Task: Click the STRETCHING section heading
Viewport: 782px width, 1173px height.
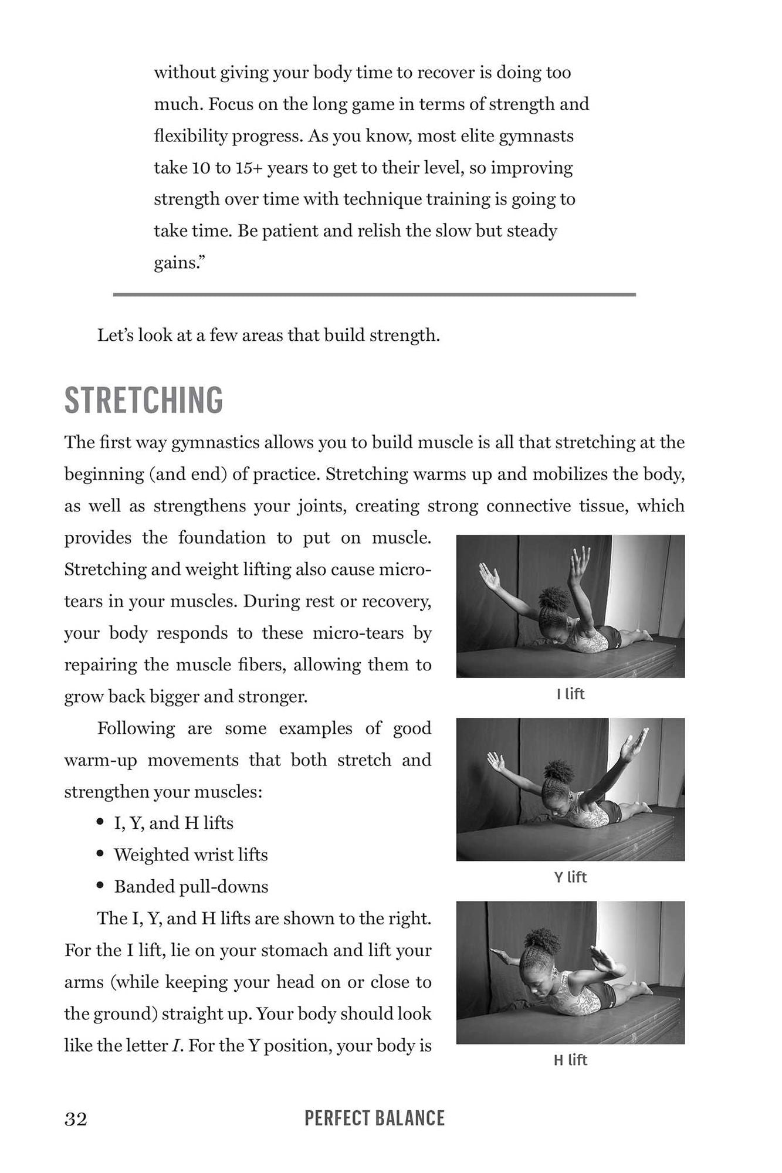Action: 144,401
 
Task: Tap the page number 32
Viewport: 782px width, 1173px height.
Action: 76,1119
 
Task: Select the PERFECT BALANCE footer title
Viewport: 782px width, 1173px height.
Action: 374,1118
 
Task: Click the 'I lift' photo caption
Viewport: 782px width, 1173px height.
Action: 570,694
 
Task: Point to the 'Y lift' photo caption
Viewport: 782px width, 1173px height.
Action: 570,877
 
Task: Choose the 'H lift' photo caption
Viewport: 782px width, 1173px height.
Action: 570,1060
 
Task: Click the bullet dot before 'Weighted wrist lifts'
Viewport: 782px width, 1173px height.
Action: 101,853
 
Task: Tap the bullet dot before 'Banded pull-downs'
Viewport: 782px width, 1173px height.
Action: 101,885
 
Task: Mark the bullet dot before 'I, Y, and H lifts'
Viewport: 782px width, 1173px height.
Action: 101,822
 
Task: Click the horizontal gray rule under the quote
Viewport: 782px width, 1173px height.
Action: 374,294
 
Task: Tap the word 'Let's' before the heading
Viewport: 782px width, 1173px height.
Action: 116,335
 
